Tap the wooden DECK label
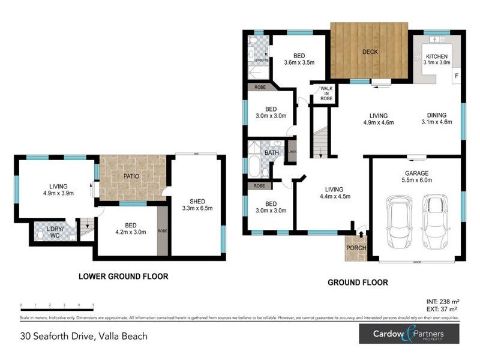[370, 52]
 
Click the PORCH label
[355, 248]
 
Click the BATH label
[271, 152]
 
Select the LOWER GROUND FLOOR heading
[123, 277]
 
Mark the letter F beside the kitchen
[456, 76]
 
